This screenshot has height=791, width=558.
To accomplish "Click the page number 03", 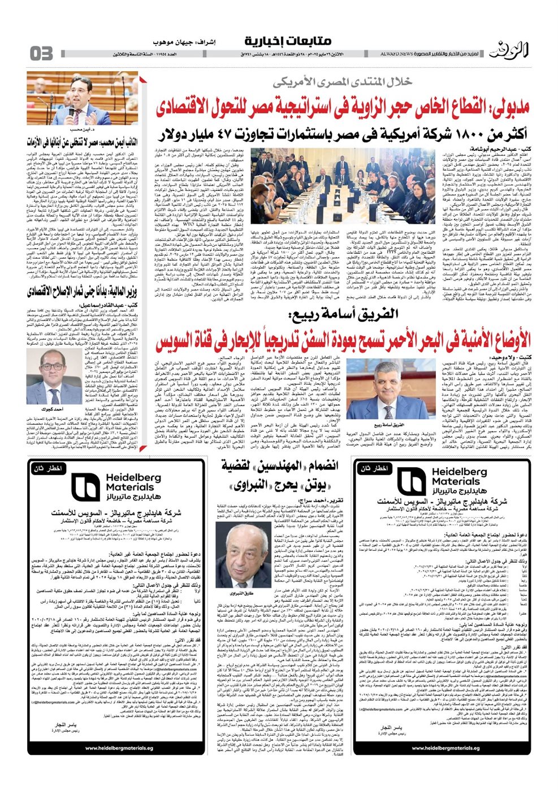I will (x=41, y=53).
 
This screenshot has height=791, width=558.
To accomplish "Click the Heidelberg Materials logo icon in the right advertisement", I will (x=411, y=482).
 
